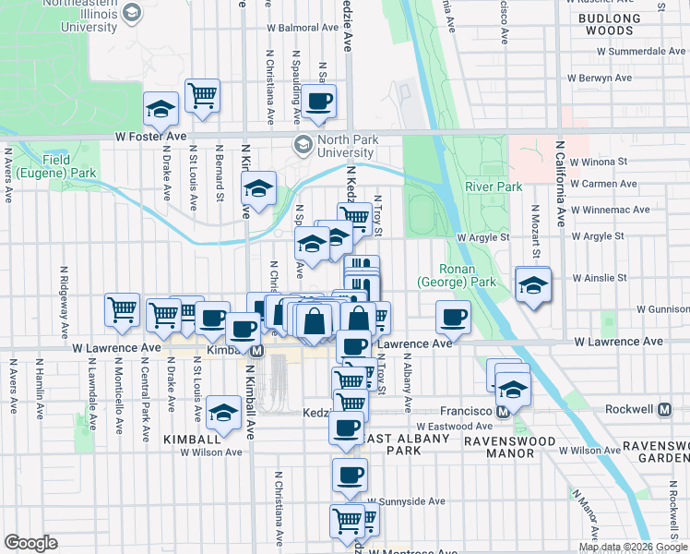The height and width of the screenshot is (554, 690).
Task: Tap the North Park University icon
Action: point(302,144)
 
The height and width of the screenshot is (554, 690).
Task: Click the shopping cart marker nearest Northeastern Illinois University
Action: point(202,96)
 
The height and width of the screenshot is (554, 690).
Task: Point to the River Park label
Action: point(494,187)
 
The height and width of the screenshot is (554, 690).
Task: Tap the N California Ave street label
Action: point(560,183)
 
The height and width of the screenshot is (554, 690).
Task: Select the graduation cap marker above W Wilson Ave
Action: point(222,415)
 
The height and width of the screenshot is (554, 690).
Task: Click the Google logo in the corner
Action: point(30,543)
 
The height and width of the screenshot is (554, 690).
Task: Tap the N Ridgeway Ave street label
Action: point(65,317)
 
